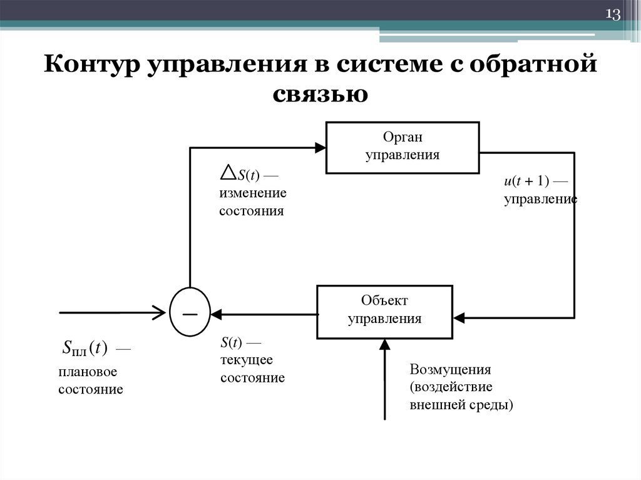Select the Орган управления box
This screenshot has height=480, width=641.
coord(403,147)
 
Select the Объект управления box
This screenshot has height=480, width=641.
coord(384,312)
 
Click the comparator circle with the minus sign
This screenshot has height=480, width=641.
coord(190,312)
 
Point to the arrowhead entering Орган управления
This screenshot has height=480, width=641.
coord(320,148)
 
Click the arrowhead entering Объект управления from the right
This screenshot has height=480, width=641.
coord(459,318)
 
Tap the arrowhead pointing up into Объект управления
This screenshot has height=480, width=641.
coord(384,343)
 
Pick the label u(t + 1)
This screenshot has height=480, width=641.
coord(526,181)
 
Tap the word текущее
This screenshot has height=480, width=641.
coord(246,360)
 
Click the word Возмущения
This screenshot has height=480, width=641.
coord(450,369)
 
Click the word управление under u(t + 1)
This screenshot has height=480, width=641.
coord(540,200)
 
